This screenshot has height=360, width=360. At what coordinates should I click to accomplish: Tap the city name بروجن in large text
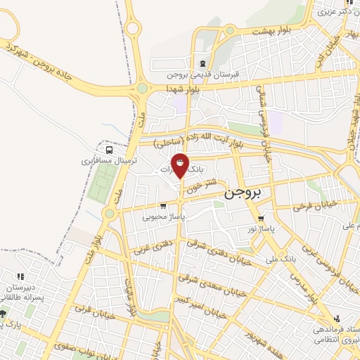[243, 193]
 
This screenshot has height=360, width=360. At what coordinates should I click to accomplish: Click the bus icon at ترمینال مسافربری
[109, 149]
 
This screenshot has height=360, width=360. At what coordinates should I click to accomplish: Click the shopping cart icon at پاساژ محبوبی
[163, 206]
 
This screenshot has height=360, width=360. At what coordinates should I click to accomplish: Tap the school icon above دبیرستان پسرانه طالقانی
[21, 276]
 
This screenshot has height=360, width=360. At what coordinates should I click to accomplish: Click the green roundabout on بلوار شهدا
[142, 89]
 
